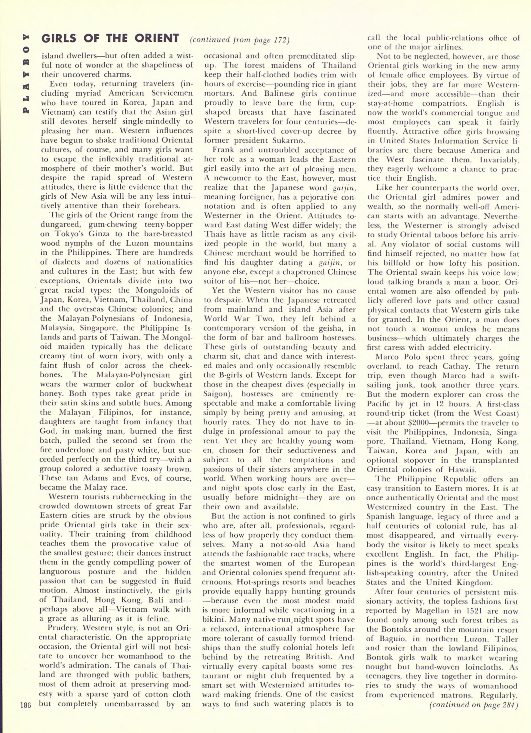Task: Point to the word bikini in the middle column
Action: tap(213, 620)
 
